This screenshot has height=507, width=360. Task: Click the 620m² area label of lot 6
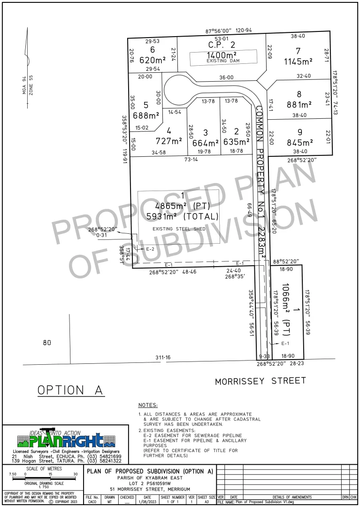153,60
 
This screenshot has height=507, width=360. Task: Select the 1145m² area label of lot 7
298,61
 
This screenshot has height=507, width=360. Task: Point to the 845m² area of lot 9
299,143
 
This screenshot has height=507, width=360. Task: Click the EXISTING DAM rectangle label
223,61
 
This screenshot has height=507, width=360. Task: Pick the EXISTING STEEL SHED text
178,229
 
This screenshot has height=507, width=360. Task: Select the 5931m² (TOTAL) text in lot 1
182,216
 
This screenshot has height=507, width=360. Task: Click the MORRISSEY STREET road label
260,381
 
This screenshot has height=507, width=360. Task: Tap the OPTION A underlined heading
71,390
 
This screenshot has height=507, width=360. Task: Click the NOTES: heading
148,405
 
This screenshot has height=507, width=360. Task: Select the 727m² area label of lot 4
169,141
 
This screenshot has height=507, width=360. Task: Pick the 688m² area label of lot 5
146,115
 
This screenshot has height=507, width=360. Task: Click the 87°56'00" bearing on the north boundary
219,31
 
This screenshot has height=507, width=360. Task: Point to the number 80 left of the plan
46,343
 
